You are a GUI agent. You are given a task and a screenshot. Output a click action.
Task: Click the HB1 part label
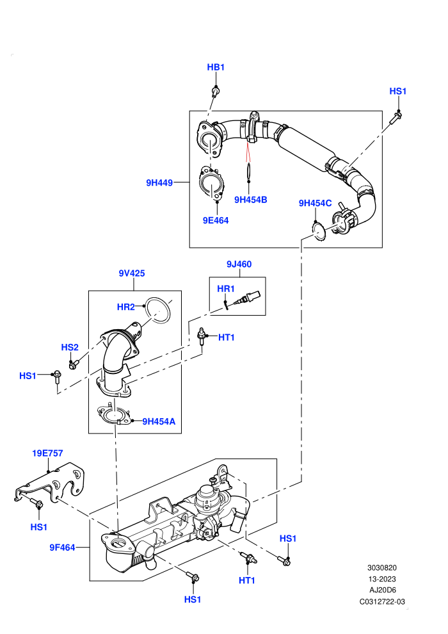216,67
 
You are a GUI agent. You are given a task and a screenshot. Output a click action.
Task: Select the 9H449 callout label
159,183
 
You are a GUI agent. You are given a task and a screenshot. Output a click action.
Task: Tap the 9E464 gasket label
216,220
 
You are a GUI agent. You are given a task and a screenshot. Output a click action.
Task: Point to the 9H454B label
250,200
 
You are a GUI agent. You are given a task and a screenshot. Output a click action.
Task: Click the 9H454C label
315,203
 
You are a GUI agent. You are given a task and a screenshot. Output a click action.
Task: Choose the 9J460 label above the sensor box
239,264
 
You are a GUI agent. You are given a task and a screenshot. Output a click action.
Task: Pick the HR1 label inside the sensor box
226,289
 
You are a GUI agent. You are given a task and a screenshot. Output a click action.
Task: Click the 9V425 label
132,273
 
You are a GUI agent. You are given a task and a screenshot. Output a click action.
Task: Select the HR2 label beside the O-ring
125,307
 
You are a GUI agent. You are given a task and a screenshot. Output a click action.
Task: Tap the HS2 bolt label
70,347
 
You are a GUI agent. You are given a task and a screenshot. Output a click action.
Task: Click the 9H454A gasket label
159,421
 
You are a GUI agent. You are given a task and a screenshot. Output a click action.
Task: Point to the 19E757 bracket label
47,453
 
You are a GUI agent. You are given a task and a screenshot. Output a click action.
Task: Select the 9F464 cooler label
62,548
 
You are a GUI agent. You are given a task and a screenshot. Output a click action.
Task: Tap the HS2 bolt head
73,365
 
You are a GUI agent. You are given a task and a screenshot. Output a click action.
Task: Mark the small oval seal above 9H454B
249,170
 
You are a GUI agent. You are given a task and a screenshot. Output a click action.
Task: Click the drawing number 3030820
381,567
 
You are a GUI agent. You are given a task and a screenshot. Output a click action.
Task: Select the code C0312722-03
382,601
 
